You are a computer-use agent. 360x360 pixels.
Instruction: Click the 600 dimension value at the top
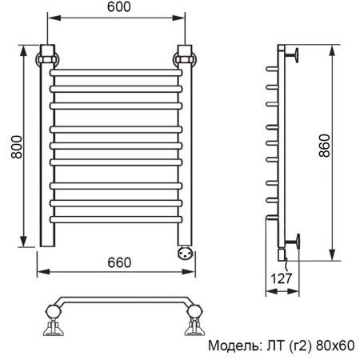[117, 8]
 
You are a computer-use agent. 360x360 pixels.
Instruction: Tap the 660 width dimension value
[118, 263]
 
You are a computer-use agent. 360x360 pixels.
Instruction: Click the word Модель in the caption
[232, 346]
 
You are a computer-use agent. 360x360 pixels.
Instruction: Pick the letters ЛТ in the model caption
[270, 346]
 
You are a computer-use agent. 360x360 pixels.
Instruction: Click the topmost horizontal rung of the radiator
[116, 74]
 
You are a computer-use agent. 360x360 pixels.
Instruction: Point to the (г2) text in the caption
[298, 346]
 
